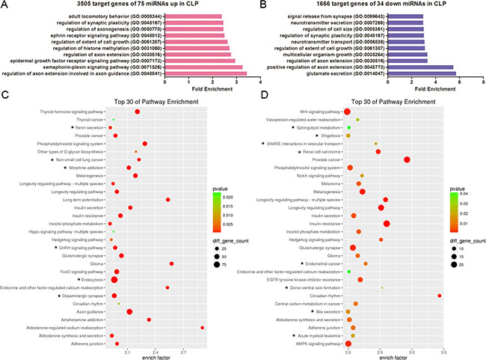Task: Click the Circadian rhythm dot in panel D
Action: [439, 296]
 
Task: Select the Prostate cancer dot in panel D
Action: [407, 159]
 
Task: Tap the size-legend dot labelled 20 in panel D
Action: [451, 264]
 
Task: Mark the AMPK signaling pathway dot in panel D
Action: [348, 344]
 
